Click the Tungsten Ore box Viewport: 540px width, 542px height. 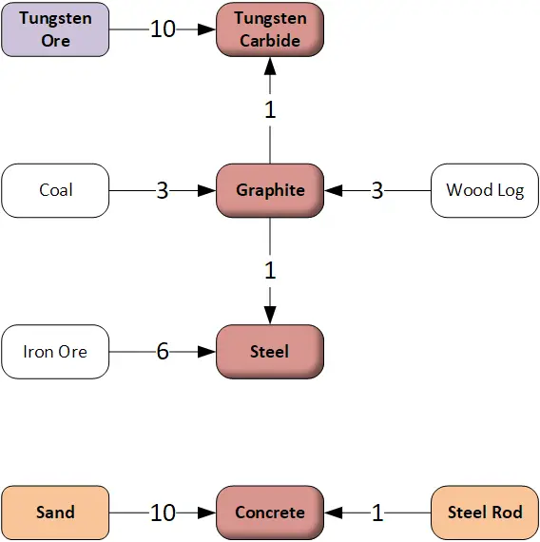pos(55,29)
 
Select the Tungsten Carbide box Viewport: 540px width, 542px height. pos(270,29)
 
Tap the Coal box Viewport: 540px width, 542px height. pos(55,190)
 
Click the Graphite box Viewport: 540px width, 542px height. pos(270,190)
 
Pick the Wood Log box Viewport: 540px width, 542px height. pos(485,190)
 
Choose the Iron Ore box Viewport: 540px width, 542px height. pos(55,352)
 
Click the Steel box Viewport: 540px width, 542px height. pos(270,352)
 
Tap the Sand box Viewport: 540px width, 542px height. pos(55,513)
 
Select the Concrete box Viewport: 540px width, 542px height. pos(270,513)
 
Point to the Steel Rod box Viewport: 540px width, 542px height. pos(485,513)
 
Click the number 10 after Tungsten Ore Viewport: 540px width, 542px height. pos(163,29)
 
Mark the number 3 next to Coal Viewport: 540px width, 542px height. pos(163,190)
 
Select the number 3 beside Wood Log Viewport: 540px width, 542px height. pos(377,190)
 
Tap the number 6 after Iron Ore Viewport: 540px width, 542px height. pos(163,352)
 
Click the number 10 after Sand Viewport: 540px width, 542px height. pos(163,513)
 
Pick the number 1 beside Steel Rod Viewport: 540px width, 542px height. pos(377,513)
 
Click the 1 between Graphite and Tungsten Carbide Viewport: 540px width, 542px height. pos(270,110)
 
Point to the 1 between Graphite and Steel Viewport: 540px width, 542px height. pos(270,271)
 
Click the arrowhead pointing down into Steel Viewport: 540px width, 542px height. pos(270,316)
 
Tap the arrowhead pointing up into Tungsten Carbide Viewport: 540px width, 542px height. pos(270,66)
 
